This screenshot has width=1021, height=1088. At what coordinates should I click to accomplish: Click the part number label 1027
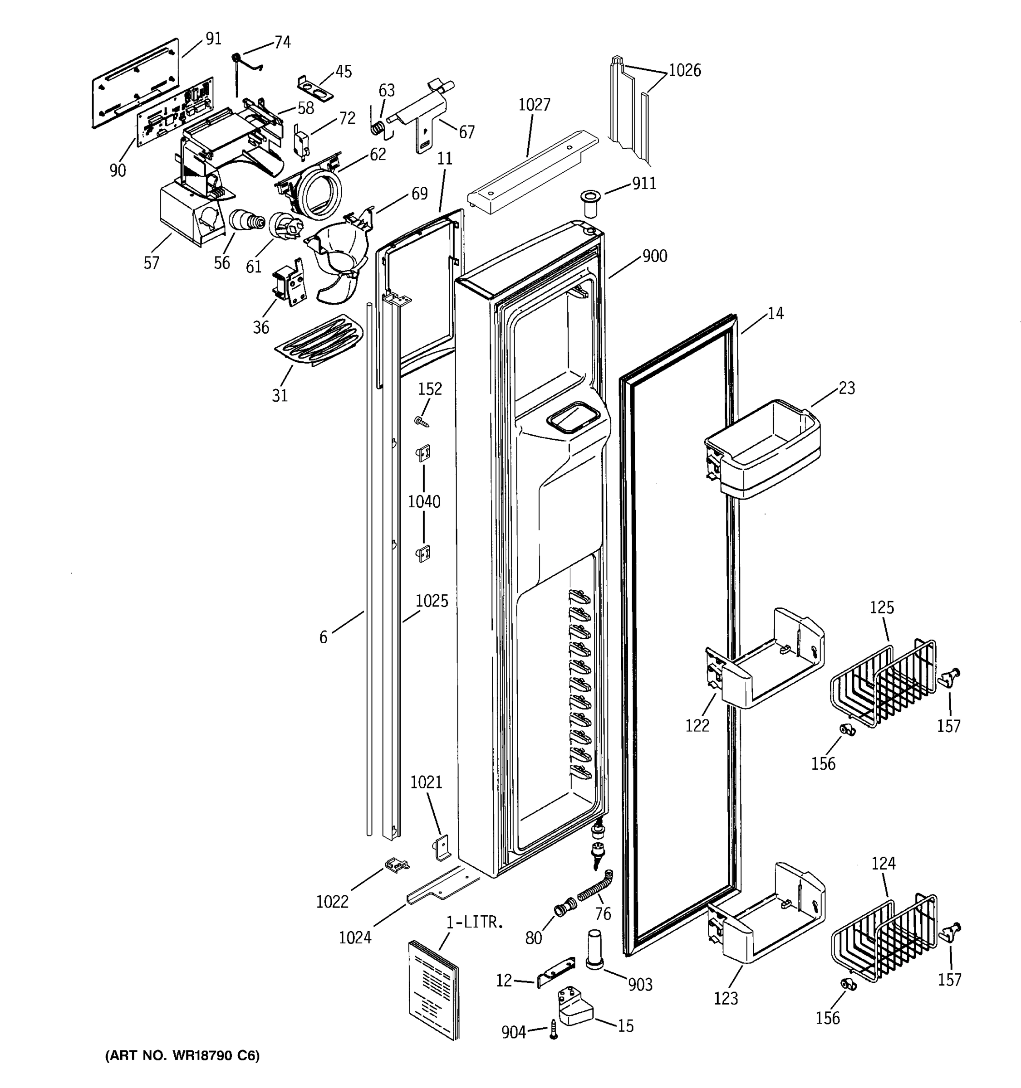pos(534,105)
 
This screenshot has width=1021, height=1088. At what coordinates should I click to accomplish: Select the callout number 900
pos(654,256)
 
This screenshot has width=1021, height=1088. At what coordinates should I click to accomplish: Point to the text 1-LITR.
pos(474,922)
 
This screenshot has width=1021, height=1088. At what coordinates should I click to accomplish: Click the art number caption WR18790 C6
pos(182,1056)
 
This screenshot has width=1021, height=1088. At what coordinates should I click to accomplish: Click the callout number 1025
pos(432,601)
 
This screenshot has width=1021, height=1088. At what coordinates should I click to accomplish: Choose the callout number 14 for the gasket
pos(775,314)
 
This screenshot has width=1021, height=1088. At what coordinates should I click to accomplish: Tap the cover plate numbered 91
pos(136,82)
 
